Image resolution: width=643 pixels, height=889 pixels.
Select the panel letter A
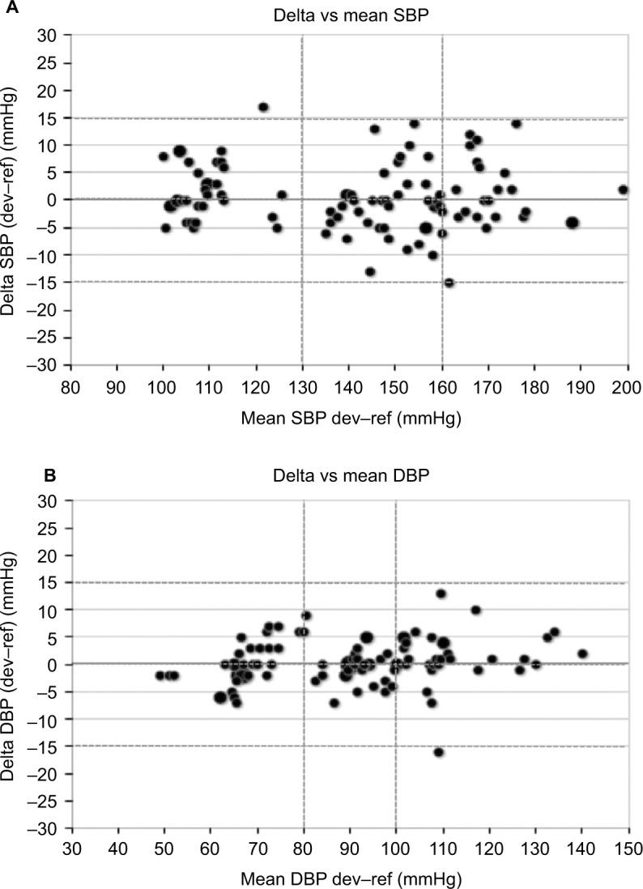click(x=8, y=8)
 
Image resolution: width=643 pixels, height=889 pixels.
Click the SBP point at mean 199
click(x=623, y=189)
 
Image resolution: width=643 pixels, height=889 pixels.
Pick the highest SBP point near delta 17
click(x=263, y=108)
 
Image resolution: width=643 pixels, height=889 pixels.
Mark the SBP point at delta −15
click(x=449, y=283)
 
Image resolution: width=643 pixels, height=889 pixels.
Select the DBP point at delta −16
click(x=438, y=752)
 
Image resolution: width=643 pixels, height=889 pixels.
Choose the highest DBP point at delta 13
click(x=441, y=593)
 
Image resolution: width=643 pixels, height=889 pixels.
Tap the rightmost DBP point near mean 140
click(x=581, y=653)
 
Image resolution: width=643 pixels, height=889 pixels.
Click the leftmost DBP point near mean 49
click(x=160, y=675)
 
